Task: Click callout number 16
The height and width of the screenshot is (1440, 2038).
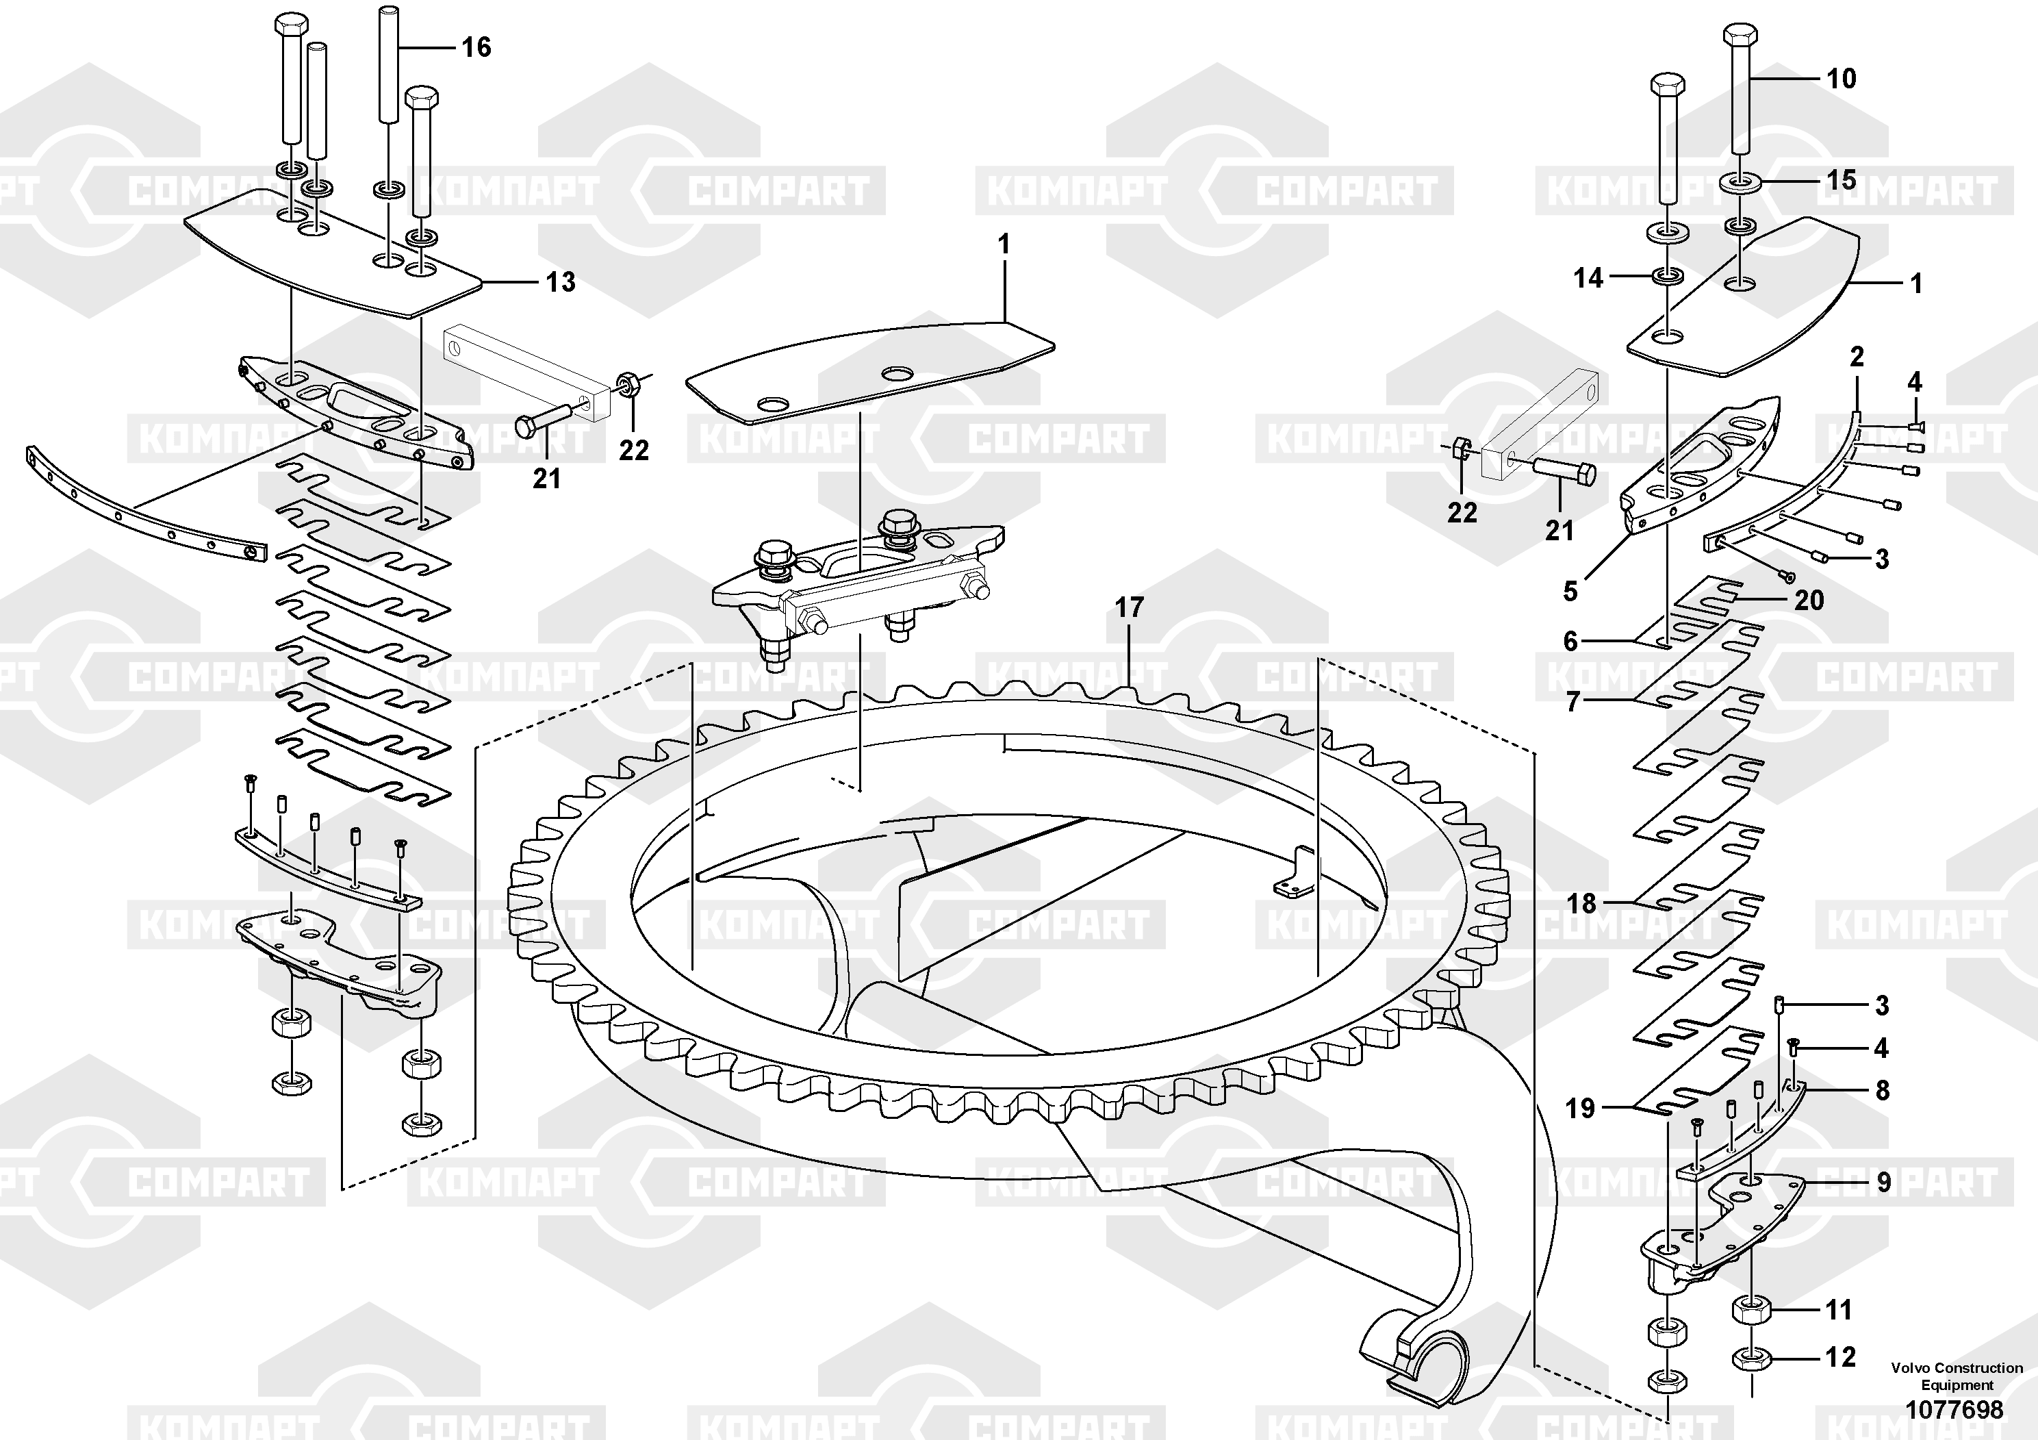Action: click(x=476, y=47)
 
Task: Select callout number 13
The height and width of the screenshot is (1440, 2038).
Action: click(x=560, y=282)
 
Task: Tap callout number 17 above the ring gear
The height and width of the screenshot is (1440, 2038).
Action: click(x=1129, y=608)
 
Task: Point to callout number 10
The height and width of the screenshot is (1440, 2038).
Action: click(x=1841, y=79)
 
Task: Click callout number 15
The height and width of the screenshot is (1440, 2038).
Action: click(x=1841, y=180)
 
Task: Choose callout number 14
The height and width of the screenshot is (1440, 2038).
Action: click(x=1588, y=279)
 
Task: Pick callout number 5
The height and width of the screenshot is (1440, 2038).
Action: click(x=1570, y=592)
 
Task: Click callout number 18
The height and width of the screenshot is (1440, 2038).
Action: click(x=1581, y=905)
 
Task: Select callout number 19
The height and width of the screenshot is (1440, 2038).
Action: click(x=1580, y=1109)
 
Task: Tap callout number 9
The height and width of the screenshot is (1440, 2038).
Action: click(x=1883, y=1183)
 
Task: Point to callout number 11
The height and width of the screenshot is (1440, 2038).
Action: click(x=1838, y=1309)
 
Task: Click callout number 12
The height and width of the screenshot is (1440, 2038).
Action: click(x=1840, y=1356)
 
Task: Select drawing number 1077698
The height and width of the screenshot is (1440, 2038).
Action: click(x=1954, y=1410)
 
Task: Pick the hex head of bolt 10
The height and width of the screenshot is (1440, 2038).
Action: click(x=1739, y=36)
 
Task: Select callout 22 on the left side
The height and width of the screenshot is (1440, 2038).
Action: click(x=634, y=451)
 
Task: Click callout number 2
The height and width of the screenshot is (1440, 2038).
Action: click(x=1857, y=357)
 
